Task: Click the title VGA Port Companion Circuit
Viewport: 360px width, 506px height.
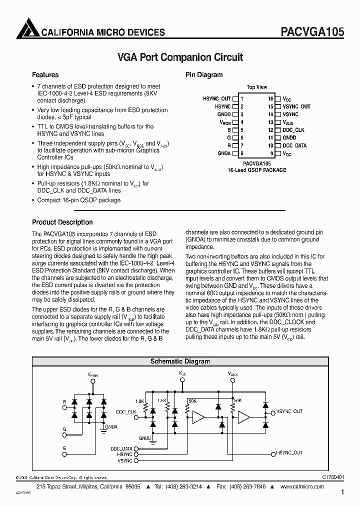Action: (x=180, y=57)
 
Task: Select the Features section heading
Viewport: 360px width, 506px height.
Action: (x=45, y=75)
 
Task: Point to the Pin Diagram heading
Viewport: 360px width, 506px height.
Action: (x=204, y=75)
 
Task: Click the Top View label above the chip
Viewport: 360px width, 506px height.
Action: (x=257, y=87)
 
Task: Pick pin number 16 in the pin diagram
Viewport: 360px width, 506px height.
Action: (x=270, y=99)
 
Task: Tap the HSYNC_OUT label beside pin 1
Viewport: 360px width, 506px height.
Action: (x=217, y=99)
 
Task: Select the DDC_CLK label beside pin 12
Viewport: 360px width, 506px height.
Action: (x=293, y=130)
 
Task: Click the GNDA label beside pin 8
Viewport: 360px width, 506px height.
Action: (x=224, y=153)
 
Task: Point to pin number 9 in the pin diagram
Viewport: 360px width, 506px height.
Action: (x=271, y=153)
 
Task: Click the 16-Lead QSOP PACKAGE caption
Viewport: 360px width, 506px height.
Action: (x=257, y=170)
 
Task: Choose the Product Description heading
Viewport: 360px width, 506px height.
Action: (x=62, y=222)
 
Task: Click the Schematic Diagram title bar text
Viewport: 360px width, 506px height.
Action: (x=180, y=361)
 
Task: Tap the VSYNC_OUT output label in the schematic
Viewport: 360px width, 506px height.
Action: (x=289, y=411)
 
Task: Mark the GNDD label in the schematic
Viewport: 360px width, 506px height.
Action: (x=145, y=437)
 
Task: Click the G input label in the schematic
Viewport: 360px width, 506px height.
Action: (x=64, y=429)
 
